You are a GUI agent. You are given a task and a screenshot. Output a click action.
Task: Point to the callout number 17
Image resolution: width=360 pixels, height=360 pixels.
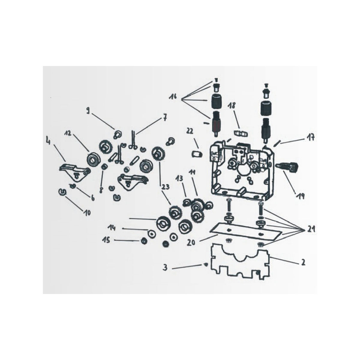click(x=310, y=137)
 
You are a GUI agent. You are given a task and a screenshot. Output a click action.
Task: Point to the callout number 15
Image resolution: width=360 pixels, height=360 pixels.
click(x=107, y=240)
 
